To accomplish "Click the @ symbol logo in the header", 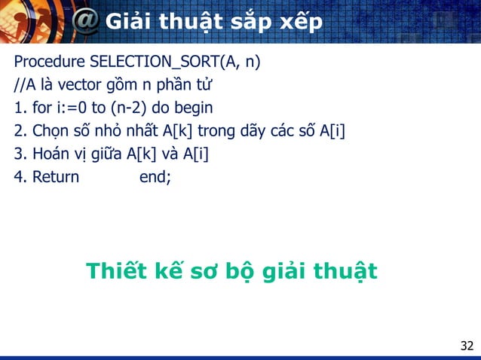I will pyautogui.click(x=86, y=23).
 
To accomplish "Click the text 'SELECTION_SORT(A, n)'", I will pyautogui.click(x=174, y=61).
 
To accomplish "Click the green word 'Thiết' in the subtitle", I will pyautogui.click(x=118, y=271).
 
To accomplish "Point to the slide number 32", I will pyautogui.click(x=467, y=346).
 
